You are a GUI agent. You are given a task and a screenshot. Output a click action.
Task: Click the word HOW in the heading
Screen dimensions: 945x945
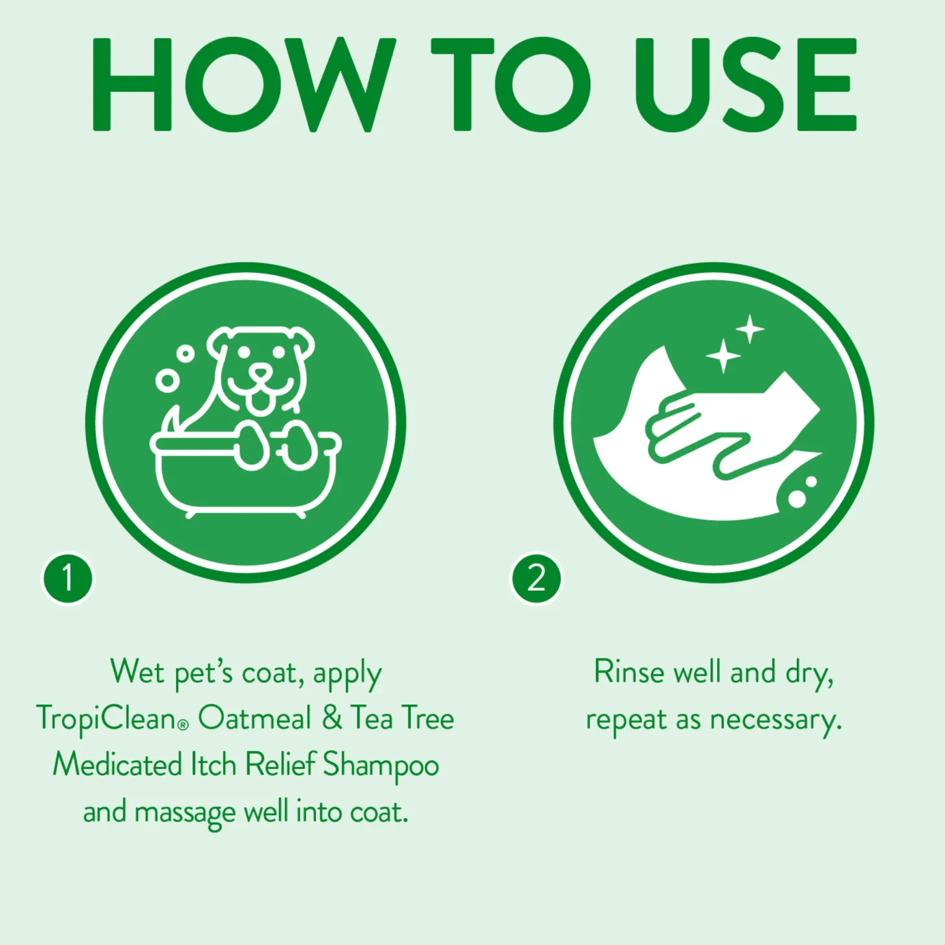243,84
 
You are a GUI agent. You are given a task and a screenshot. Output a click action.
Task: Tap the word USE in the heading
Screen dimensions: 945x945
745,84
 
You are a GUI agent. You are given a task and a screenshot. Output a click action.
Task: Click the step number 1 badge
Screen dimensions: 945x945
68,578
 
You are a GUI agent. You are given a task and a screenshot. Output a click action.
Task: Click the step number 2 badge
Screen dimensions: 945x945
536,578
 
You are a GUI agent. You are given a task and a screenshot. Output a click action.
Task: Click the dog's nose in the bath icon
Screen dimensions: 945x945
260,374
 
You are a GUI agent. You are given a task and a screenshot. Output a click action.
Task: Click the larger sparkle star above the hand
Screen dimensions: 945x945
723,355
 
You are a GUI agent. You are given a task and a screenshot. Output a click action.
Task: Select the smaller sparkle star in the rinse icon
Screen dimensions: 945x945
750,329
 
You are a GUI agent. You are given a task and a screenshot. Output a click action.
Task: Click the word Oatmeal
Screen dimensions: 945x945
255,718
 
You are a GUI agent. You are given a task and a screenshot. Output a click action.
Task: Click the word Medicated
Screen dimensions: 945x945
117,765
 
